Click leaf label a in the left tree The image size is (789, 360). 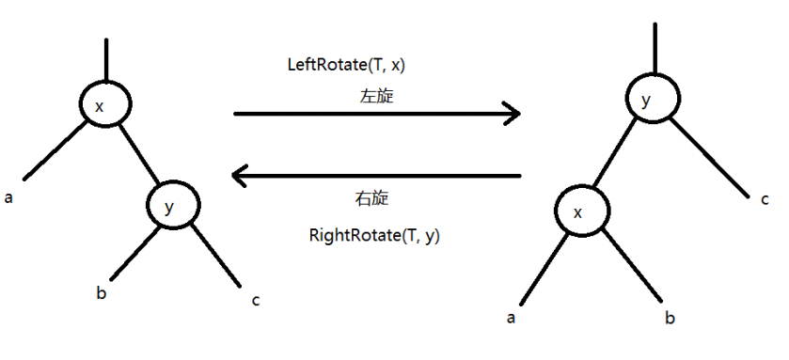(8, 198)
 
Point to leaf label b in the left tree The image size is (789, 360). (101, 293)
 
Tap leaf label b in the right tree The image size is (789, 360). (670, 319)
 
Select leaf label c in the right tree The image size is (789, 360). (765, 199)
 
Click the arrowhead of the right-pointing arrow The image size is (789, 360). (513, 114)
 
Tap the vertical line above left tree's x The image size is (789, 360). (107, 60)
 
